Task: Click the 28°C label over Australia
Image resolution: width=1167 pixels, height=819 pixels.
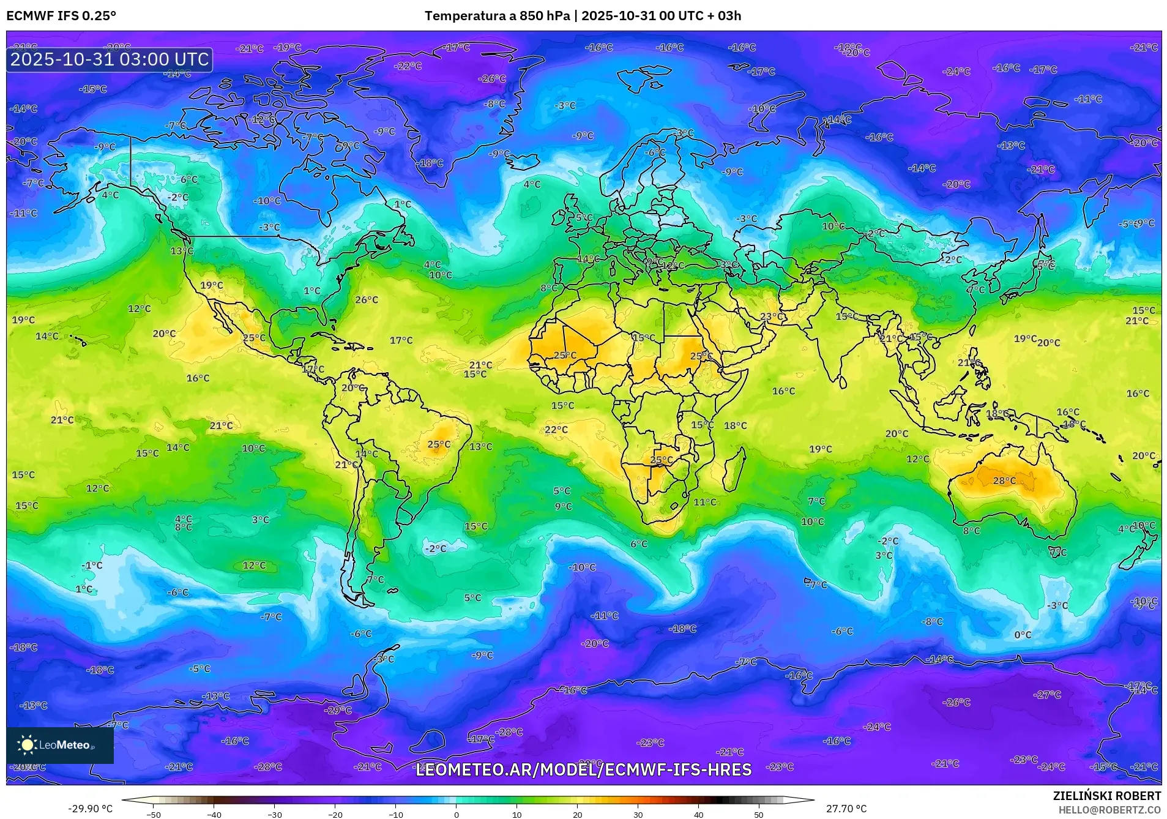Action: (1004, 481)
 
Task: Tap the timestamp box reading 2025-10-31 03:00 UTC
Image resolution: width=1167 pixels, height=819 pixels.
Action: (110, 59)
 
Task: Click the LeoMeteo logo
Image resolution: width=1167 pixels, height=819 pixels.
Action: (59, 745)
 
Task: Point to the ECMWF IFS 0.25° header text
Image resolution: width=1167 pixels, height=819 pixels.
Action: (61, 16)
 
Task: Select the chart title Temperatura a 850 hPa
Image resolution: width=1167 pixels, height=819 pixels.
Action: (496, 16)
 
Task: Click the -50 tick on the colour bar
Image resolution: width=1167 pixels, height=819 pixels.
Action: (154, 815)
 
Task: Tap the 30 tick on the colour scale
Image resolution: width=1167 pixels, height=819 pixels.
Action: (638, 815)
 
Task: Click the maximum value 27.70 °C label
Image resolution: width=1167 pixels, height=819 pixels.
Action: (846, 809)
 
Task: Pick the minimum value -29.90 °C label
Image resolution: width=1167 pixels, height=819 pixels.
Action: (90, 809)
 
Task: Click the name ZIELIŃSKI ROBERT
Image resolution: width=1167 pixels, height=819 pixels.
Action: (1106, 796)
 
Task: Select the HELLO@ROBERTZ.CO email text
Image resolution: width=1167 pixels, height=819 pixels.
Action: (1109, 810)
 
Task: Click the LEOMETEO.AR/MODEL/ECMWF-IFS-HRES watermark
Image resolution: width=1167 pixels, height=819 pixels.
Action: (583, 770)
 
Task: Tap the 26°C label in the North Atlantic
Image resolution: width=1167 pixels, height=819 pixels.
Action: (367, 300)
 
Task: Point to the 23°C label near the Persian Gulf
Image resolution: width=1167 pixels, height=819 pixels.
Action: (771, 316)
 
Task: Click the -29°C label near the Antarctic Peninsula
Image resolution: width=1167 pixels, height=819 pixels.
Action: (339, 711)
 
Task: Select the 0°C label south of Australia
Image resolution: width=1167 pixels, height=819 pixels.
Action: (1023, 635)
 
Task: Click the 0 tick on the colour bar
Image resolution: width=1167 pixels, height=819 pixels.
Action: (456, 815)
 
